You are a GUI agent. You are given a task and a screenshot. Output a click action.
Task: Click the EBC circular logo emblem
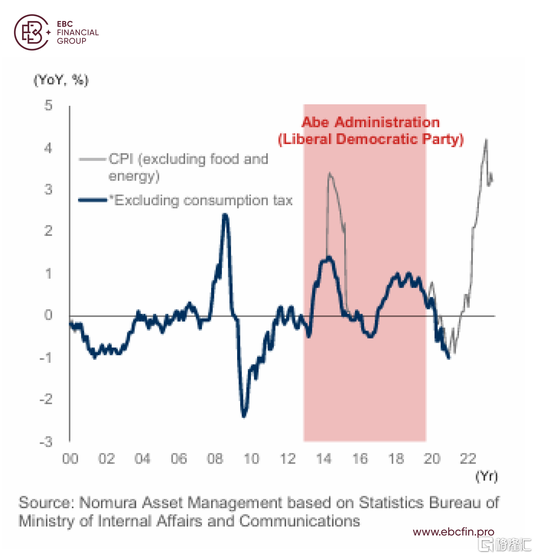32,32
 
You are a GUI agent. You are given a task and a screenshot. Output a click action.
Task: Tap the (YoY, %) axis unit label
61,80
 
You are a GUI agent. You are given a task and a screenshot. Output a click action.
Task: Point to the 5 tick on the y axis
48,105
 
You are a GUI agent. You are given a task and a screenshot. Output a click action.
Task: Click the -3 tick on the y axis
46,442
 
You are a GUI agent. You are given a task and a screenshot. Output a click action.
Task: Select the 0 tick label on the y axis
48,315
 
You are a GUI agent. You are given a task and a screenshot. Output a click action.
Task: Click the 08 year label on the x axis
215,459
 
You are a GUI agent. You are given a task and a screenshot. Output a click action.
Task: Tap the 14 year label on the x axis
324,459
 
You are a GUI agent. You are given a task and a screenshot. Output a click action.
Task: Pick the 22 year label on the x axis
468,459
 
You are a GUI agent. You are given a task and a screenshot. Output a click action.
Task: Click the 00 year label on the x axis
70,459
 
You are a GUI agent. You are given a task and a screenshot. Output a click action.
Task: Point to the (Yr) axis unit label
486,476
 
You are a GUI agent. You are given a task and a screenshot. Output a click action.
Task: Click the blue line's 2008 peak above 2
225,215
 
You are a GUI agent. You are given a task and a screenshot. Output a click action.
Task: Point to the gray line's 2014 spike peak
330,173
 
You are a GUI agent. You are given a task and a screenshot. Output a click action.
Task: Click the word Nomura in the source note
108,503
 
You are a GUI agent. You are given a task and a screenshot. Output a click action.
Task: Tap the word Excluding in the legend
147,200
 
